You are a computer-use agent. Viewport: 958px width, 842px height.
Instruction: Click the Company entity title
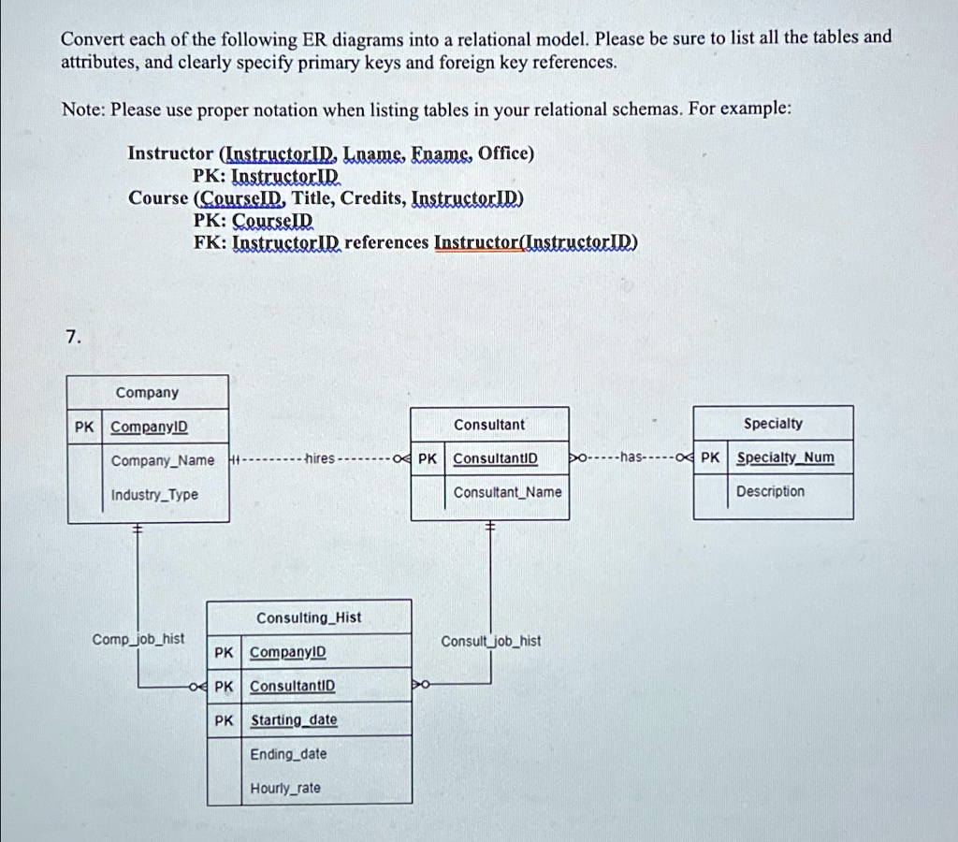(147, 392)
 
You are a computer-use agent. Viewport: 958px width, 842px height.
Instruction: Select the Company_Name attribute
(163, 460)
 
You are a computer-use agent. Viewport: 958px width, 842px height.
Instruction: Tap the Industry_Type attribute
(154, 494)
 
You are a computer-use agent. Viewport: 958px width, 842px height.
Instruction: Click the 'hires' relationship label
(320, 458)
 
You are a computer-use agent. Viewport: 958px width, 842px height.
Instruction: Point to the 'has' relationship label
(631, 457)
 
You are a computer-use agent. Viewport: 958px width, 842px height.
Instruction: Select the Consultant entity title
(488, 425)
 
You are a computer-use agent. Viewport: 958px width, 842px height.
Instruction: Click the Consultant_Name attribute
(507, 492)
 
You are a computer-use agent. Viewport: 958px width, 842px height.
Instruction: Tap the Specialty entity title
(773, 424)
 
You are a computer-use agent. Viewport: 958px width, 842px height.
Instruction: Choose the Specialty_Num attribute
(785, 457)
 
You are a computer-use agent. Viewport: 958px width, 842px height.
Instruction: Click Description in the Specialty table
(770, 491)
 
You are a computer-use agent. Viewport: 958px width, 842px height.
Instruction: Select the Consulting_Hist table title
(309, 617)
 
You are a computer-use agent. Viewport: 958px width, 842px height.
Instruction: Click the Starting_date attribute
(294, 719)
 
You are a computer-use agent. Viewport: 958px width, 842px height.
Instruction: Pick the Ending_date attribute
(288, 754)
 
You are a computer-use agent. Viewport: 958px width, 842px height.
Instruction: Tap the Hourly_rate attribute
(285, 789)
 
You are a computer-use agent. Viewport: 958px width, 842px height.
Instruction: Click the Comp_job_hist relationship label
(138, 639)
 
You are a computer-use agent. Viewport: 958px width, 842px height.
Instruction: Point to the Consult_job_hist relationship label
(491, 641)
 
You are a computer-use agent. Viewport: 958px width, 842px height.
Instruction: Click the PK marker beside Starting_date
(224, 720)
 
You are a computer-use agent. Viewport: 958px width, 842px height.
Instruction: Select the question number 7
(73, 337)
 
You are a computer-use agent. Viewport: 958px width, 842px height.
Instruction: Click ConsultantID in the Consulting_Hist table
(293, 686)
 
